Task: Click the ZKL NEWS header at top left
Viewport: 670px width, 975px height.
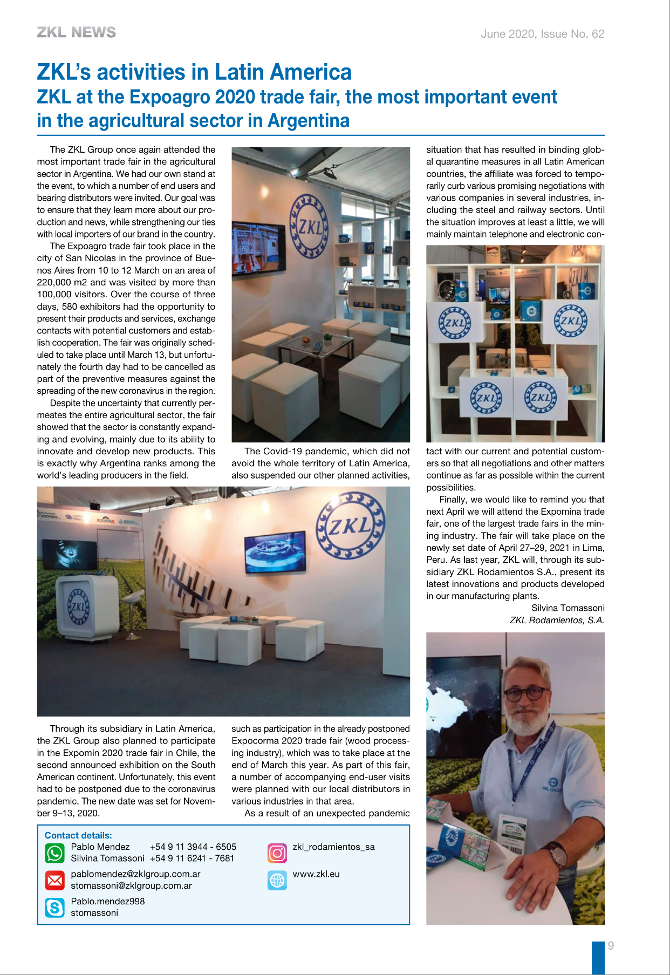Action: point(76,33)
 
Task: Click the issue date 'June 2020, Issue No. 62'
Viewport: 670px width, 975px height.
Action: point(542,34)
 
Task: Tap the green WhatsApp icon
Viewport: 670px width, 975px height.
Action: point(54,853)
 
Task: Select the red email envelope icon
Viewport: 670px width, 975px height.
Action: point(54,881)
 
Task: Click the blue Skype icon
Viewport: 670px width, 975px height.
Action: point(54,908)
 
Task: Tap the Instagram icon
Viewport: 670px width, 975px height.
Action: point(277,853)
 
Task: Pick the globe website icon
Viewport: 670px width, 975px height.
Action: point(277,880)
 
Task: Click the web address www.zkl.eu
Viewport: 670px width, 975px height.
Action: point(316,874)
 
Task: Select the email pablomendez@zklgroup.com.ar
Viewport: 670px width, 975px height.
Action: point(135,874)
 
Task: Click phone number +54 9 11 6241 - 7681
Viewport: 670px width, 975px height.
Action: point(192,858)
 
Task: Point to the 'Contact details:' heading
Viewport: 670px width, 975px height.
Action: point(78,835)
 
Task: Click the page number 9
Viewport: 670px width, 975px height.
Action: point(611,946)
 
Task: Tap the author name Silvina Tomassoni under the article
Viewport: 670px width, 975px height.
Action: point(568,608)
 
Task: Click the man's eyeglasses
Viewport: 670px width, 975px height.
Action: point(524,693)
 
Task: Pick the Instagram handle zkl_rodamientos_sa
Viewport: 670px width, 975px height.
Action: point(333,847)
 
